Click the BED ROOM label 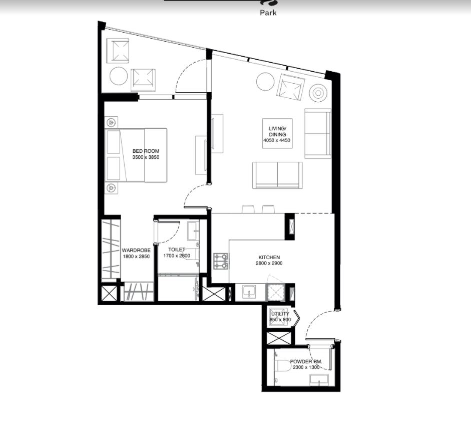[x=146, y=151]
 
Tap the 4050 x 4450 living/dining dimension [x=277, y=140]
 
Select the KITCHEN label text [x=269, y=257]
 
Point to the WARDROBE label [x=136, y=250]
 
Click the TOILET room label [x=177, y=250]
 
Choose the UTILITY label [x=280, y=314]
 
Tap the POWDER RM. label [x=306, y=362]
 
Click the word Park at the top [x=268, y=13]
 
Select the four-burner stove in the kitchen [x=221, y=261]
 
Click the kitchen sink [x=249, y=292]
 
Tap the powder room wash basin [x=319, y=380]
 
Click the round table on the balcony [x=119, y=76]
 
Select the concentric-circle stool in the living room [x=318, y=93]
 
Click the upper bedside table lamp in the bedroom [x=112, y=122]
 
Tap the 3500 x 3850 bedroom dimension [x=146, y=157]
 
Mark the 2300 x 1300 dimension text [x=306, y=367]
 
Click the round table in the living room [x=265, y=82]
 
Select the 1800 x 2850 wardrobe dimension [x=136, y=256]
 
